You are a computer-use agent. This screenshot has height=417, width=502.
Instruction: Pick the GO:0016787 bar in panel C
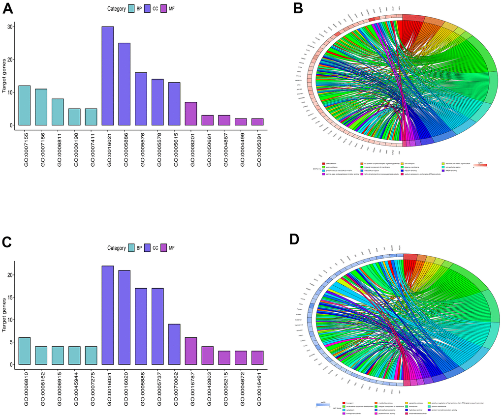tap(190, 351)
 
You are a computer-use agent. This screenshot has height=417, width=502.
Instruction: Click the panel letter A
tap(8, 9)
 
